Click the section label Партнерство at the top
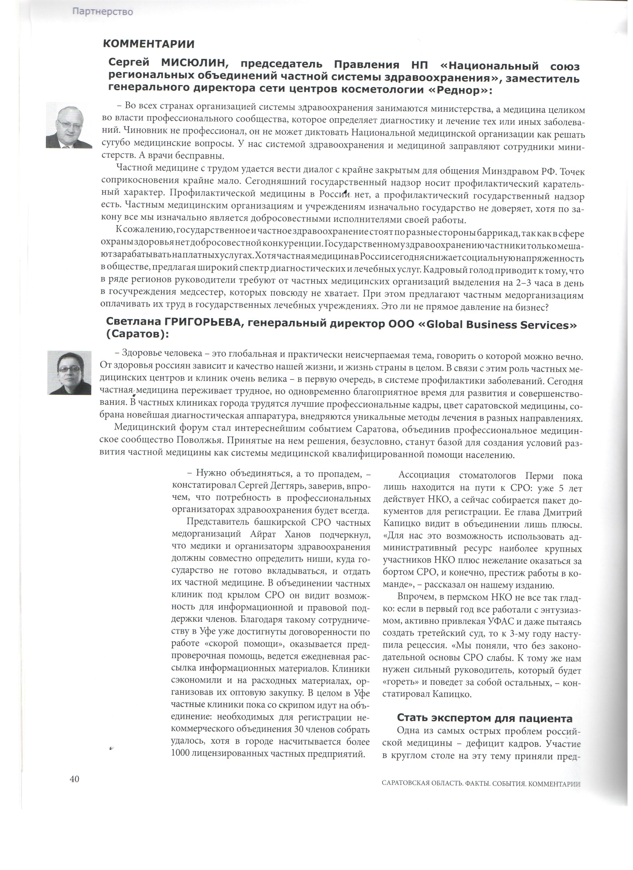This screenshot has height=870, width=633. (103, 12)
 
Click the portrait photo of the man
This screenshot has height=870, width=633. (69, 125)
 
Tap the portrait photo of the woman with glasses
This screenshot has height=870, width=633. (70, 372)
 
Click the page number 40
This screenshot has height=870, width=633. (74, 779)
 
